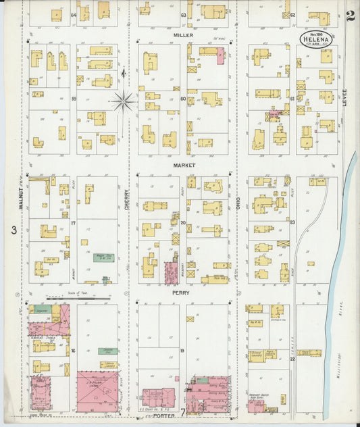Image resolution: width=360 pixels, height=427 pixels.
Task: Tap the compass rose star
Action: click(x=123, y=102)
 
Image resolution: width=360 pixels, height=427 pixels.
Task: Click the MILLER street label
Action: click(x=182, y=34)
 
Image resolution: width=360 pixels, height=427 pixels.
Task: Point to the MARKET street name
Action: click(x=183, y=164)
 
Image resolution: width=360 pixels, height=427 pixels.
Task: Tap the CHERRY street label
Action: click(x=126, y=197)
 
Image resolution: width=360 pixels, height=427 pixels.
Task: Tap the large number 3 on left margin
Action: click(x=13, y=230)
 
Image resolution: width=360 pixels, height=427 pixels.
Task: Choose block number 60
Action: click(x=183, y=99)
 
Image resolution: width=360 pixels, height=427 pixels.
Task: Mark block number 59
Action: click(x=73, y=99)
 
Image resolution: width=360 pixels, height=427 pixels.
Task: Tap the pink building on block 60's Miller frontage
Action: click(x=220, y=56)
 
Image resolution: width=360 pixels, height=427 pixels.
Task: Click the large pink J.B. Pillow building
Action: click(x=97, y=391)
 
